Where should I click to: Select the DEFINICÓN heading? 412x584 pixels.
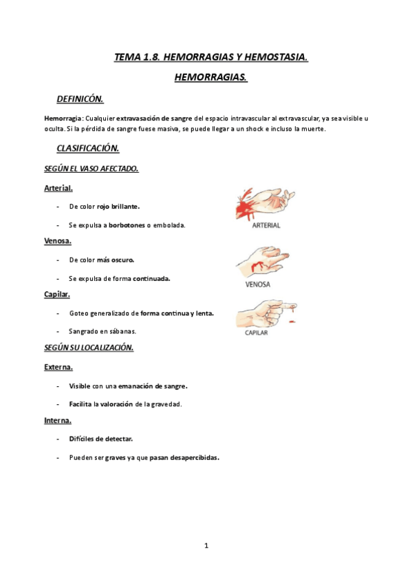pyautogui.click(x=80, y=100)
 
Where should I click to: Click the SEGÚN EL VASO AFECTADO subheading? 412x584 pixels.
pyautogui.click(x=91, y=169)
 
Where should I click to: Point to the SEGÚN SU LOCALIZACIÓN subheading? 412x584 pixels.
pyautogui.click(x=88, y=348)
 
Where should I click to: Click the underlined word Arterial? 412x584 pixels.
pyautogui.click(x=58, y=188)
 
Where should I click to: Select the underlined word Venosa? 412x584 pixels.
pyautogui.click(x=58, y=242)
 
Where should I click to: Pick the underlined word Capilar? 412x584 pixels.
pyautogui.click(x=57, y=295)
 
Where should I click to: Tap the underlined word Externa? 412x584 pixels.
pyautogui.click(x=58, y=367)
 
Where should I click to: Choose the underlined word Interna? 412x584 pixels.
pyautogui.click(x=57, y=420)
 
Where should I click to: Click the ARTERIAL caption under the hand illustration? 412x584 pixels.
pyautogui.click(x=266, y=225)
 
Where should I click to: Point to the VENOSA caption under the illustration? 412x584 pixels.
pyautogui.click(x=257, y=284)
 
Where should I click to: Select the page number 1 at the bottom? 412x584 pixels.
pyautogui.click(x=206, y=546)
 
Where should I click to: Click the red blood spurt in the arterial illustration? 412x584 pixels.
pyautogui.click(x=240, y=205)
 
